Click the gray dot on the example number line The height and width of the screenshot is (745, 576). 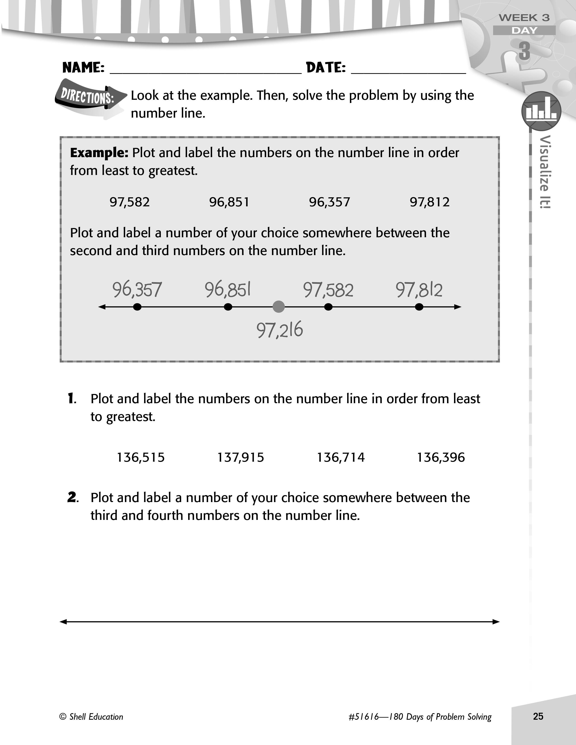point(279,307)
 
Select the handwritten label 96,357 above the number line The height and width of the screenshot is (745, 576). point(137,290)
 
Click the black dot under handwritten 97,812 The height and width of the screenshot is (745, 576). point(419,307)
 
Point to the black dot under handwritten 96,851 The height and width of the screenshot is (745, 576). point(228,307)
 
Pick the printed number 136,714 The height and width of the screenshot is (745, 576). point(341,457)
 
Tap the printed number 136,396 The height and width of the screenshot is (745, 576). point(441,457)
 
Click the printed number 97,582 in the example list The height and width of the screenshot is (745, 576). point(129,202)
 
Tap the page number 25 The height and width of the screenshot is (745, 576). point(538,716)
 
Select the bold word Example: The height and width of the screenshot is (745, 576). point(99,153)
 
